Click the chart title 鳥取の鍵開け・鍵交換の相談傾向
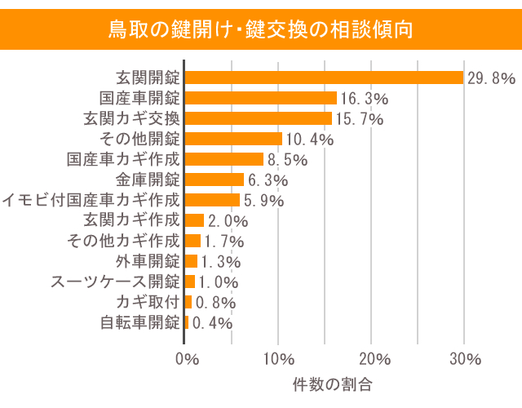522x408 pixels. coord(261,30)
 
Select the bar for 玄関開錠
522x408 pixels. coord(325,78)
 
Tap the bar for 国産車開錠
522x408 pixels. coord(261,98)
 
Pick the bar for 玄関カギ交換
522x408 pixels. coord(259,118)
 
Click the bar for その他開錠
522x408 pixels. coord(233,139)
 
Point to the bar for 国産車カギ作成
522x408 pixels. coord(224,159)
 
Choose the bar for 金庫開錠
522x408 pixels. coord(215,180)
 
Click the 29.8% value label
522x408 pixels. coord(491,78)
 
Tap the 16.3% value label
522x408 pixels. coord(365,99)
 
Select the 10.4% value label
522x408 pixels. coord(310,140)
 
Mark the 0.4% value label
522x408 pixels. coord(212,323)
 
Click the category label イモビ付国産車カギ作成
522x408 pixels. coord(91,200)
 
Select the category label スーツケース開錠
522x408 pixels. coord(115,282)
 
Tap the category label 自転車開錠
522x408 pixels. coord(139,322)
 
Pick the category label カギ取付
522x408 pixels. coord(148,302)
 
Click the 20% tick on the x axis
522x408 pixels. coord(372,360)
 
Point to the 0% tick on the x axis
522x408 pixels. coord(187,360)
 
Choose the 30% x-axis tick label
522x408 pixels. coord(465,360)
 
